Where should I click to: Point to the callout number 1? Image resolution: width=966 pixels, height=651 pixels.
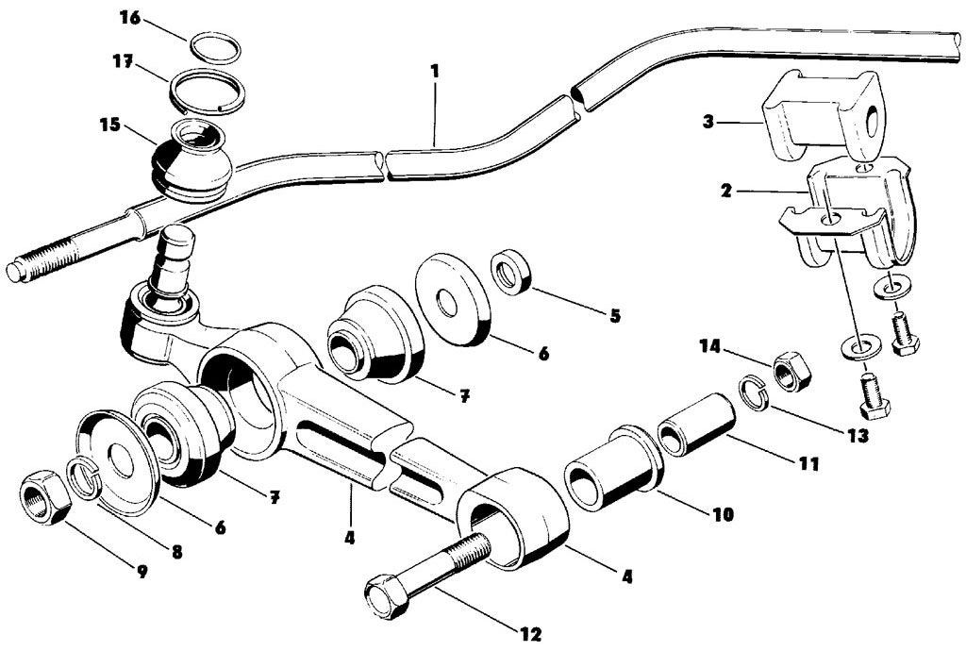tap(435, 70)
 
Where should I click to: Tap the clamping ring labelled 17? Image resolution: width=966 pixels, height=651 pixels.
tap(208, 92)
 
